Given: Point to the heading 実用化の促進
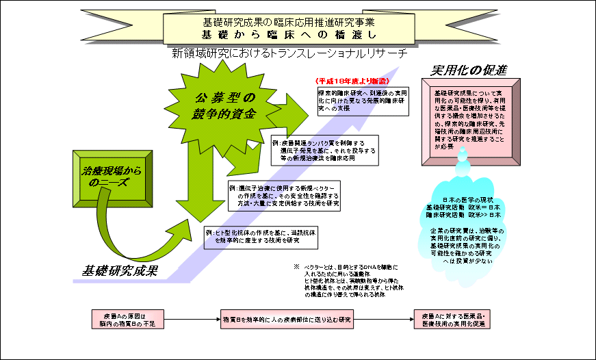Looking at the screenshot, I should [x=469, y=70].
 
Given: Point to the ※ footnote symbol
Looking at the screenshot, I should [x=297, y=267].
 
